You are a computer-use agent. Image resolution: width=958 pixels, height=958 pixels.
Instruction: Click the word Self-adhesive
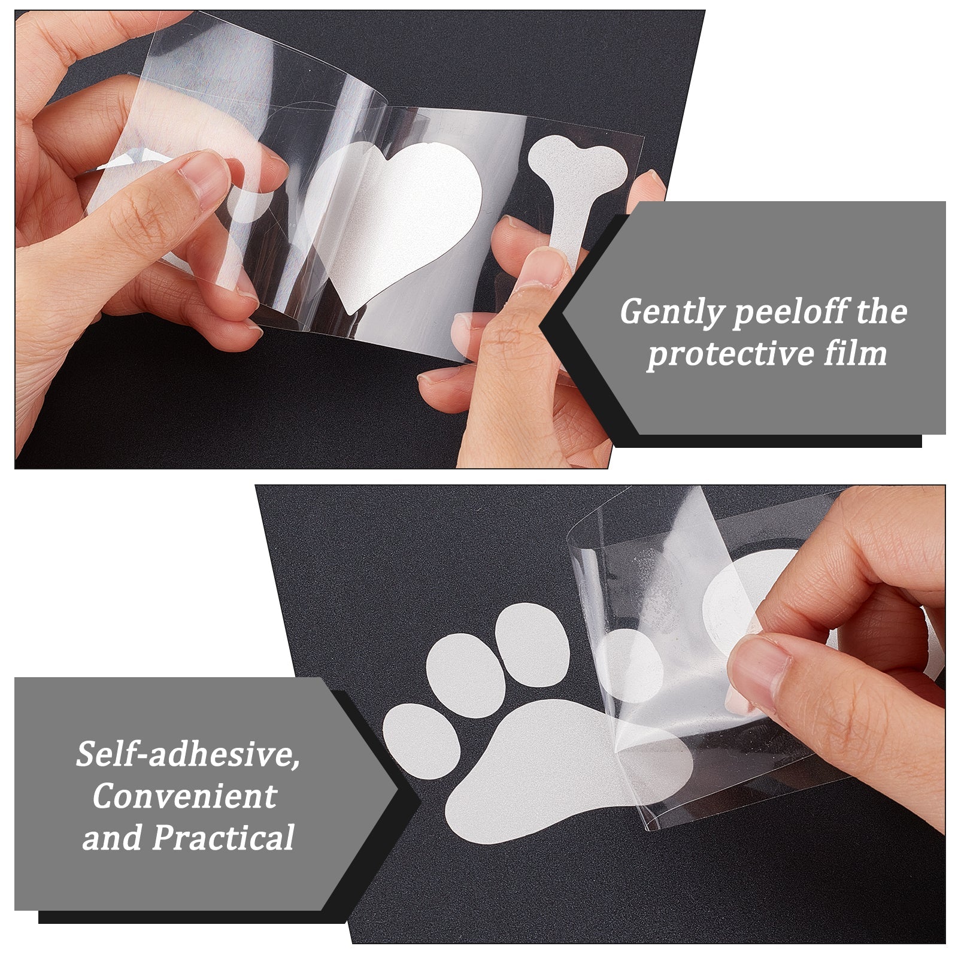[188, 754]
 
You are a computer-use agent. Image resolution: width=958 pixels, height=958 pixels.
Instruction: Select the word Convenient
[184, 796]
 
